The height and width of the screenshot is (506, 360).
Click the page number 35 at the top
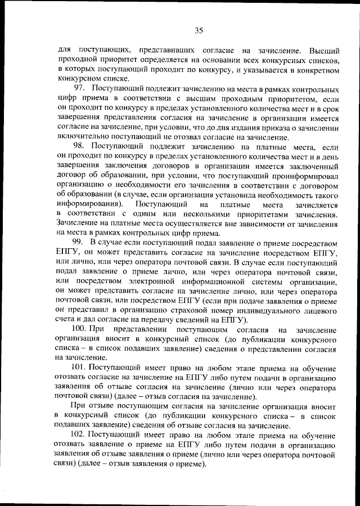199,30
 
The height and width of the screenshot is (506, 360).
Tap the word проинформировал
304,184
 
